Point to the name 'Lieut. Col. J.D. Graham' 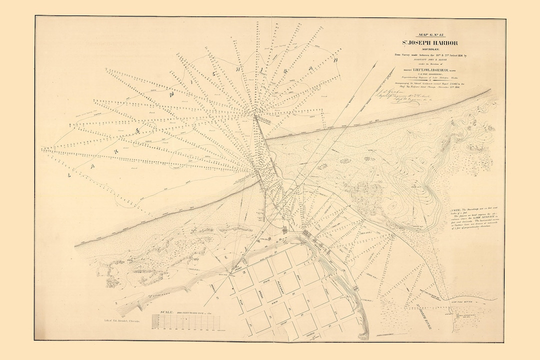[x=425, y=70]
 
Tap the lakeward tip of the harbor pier [x=255, y=116]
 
